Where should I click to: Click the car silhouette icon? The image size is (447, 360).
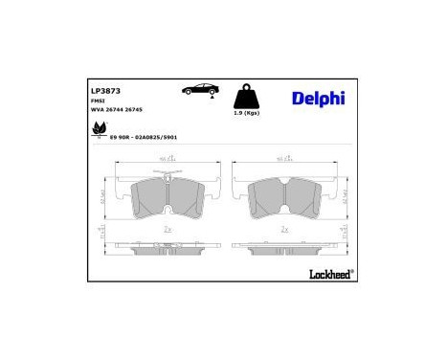coord(199,90)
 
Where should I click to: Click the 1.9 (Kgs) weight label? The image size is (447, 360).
coord(246,114)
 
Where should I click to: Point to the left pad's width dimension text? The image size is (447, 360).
coord(166,159)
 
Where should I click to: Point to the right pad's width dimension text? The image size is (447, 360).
coord(284,159)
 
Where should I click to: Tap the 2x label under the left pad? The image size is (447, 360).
coord(168,230)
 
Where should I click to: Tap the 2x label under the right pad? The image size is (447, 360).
coord(285,230)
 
